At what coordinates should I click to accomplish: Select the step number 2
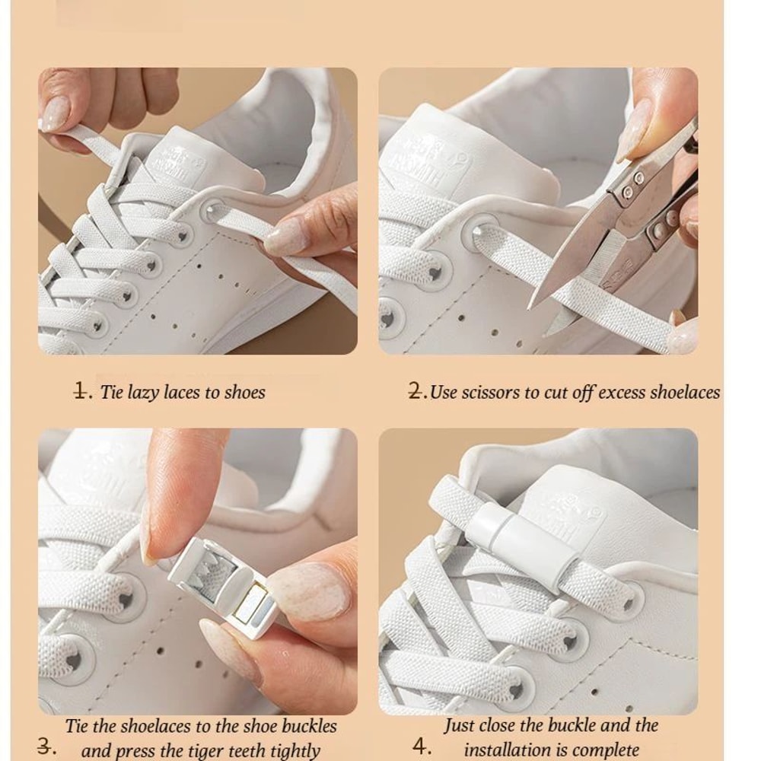(x=417, y=392)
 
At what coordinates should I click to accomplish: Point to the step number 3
(x=46, y=746)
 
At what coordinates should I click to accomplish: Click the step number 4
(x=422, y=746)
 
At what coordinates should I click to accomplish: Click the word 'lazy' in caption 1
(x=143, y=393)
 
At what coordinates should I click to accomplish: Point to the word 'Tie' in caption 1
(x=111, y=393)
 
